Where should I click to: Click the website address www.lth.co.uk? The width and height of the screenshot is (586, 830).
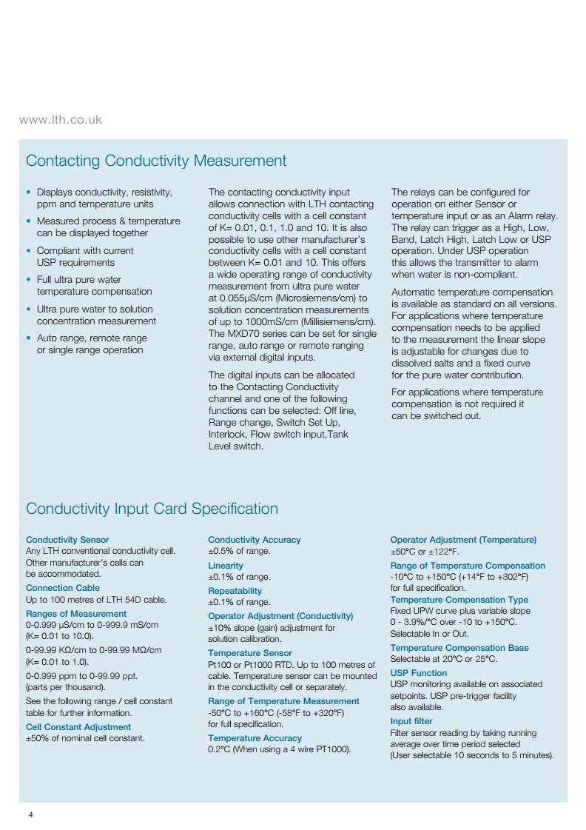(61, 119)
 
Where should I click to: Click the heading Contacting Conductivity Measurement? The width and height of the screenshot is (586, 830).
(156, 161)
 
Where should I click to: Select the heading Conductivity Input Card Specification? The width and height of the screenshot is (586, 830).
(152, 509)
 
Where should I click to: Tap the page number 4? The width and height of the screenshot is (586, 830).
(30, 815)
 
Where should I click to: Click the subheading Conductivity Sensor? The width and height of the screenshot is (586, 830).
(67, 540)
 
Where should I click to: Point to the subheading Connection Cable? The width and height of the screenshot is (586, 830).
(63, 588)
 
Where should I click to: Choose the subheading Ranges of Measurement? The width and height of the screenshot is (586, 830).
(76, 614)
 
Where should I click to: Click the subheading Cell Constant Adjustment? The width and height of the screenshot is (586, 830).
(78, 727)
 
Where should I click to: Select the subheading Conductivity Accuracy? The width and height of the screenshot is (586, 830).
(255, 540)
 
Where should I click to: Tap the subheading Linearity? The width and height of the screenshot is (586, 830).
(226, 566)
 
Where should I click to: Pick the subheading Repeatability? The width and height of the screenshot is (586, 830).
(235, 591)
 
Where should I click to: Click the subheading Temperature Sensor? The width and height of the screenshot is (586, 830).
(250, 653)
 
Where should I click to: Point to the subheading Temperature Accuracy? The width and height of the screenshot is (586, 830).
(255, 738)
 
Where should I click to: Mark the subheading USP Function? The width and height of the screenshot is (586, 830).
(419, 673)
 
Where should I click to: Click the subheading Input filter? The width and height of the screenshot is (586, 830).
(411, 721)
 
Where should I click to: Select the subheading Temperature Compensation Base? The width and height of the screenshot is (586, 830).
(459, 648)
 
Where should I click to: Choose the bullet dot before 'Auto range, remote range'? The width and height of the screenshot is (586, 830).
(28, 338)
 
